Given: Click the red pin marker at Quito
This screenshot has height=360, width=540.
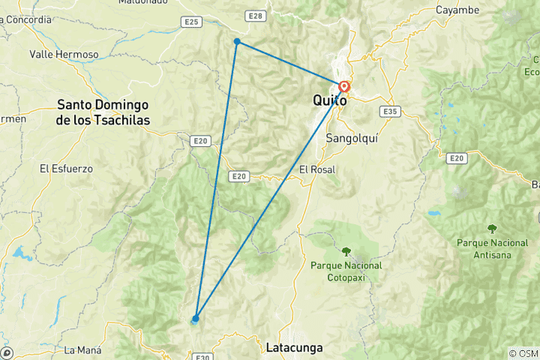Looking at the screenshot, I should tap(344, 87).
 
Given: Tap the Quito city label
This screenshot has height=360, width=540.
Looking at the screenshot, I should tap(329, 100).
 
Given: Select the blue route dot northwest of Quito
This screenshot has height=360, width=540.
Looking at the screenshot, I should tap(237, 42).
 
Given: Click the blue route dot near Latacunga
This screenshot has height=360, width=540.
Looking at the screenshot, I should tap(196, 318).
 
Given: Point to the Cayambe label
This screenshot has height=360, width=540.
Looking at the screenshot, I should tap(457, 10).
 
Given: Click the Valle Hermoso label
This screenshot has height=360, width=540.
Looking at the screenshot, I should tap(64, 55).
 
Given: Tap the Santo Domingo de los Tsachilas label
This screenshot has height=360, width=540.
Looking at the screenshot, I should tap(103, 112).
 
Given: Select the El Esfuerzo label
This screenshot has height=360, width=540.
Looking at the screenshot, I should tap(66, 169).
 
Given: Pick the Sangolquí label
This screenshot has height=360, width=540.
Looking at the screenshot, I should tap(350, 138).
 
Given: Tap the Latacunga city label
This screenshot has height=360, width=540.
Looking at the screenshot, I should tap(294, 348).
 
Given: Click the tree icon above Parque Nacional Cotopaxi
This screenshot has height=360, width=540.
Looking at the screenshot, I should tap(346, 252).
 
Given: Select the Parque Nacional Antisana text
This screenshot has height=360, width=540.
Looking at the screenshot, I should tap(491, 248).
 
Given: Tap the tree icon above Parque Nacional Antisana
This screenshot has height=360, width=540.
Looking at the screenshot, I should tap(492, 229).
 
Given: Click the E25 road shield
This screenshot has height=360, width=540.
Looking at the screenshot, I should tap(192, 22).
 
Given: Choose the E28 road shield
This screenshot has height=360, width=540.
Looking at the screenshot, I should tap(255, 16).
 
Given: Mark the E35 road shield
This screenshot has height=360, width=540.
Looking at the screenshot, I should tap(388, 112).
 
